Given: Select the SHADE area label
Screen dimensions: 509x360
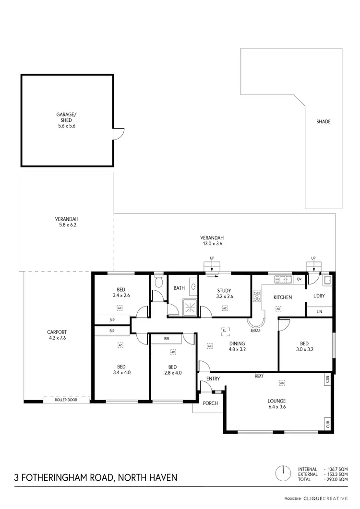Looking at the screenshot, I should coord(323,122).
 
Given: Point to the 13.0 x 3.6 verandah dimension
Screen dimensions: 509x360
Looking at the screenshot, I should coord(212,244).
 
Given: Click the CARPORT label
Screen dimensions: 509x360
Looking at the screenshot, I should coord(57,332).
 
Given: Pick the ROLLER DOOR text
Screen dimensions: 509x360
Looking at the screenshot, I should coord(66,399).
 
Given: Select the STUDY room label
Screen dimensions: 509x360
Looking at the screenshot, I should coord(224,291).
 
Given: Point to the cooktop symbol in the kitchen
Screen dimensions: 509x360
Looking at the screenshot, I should coord(256,296).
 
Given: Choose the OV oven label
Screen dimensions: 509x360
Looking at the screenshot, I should coord(299,279).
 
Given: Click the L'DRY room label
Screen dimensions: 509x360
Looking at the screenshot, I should coord(319,296).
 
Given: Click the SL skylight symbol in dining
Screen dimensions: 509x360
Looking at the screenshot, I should coord(224,330).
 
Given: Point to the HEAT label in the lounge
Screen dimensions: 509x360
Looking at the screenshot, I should coord(259,376).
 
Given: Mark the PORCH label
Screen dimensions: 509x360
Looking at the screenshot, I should coord(210,403).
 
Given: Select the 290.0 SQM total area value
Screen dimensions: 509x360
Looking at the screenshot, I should coord(338,479).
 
